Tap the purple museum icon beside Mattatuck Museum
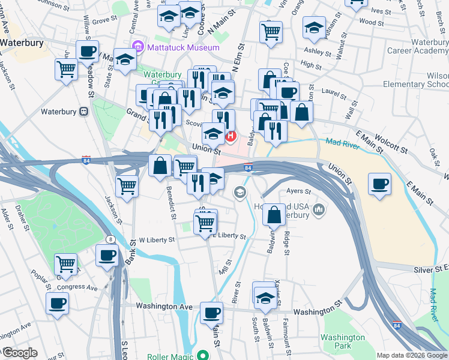tap(138, 46)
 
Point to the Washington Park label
tap(343, 341)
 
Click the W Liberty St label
tap(157, 239)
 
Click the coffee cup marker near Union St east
tap(379, 184)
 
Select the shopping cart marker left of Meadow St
tap(65, 69)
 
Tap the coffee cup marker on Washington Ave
tap(211, 313)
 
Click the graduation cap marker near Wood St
tap(314, 29)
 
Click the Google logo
tap(19, 353)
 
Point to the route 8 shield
tap(111, 240)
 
